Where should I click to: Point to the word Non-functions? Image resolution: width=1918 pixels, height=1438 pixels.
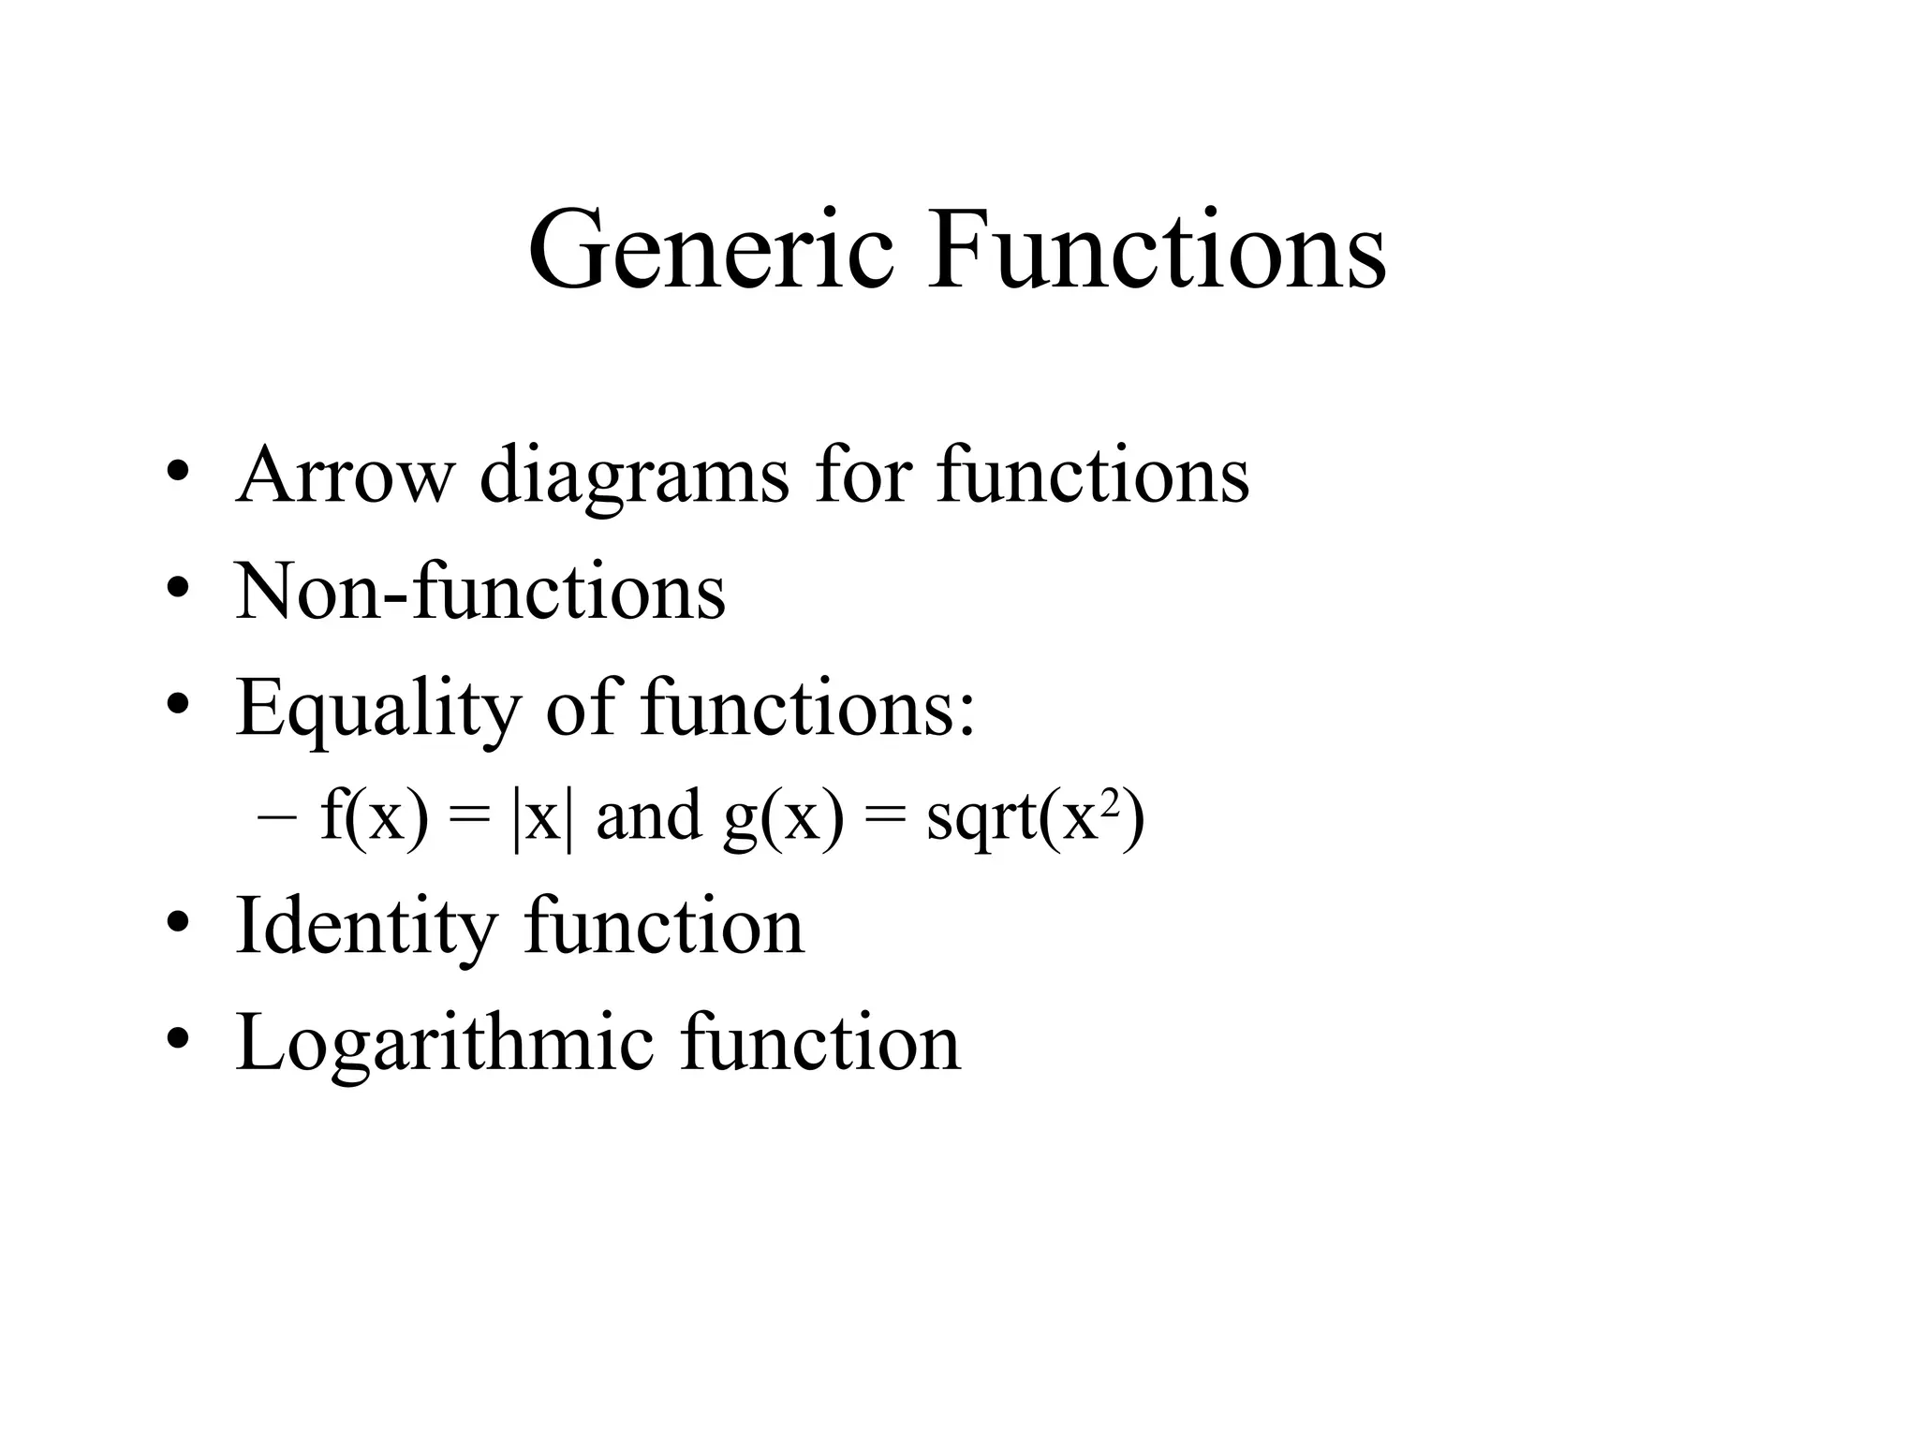tap(480, 592)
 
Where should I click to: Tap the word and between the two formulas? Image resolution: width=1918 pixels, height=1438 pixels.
tap(648, 814)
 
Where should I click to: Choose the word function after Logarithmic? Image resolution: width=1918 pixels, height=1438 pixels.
tap(820, 1041)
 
